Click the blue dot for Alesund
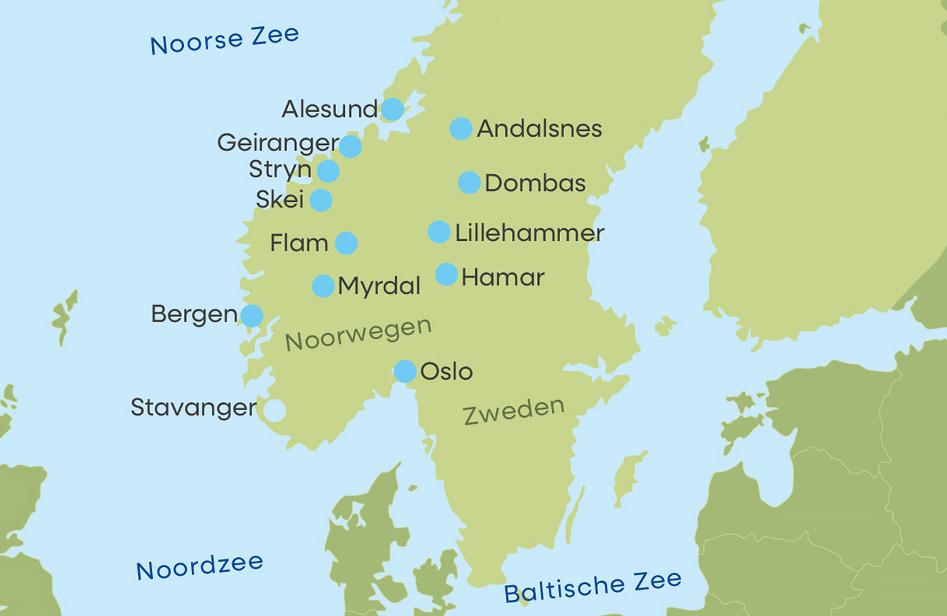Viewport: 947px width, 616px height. tap(392, 109)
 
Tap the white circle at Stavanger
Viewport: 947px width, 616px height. tap(274, 410)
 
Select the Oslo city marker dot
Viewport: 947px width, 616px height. tap(405, 371)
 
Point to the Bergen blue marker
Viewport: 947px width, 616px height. tap(252, 315)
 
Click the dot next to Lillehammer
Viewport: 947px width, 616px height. tap(439, 232)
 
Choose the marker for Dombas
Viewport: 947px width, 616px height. tap(469, 183)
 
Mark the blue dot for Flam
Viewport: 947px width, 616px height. tap(346, 243)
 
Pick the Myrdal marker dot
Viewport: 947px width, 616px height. tap(323, 286)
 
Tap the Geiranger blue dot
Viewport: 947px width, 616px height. tap(350, 146)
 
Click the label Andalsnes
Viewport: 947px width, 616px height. tap(539, 129)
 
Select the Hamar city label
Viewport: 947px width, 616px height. tap(503, 277)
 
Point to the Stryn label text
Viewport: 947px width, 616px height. tap(280, 169)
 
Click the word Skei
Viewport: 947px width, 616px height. tap(279, 200)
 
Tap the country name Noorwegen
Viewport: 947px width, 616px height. tap(358, 334)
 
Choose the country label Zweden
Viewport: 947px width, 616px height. tap(513, 411)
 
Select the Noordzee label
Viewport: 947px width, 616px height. tap(200, 567)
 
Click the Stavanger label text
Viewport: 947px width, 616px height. tap(193, 408)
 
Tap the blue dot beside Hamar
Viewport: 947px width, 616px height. tap(446, 274)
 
